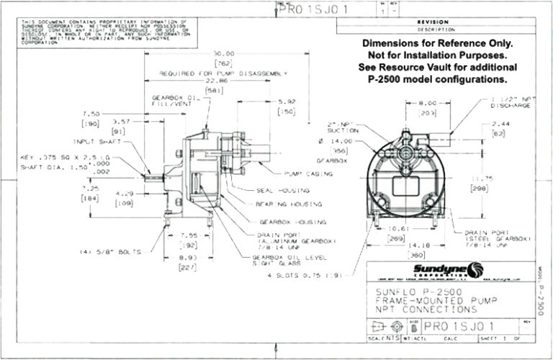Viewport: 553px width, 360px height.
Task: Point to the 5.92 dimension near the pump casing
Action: click(x=287, y=102)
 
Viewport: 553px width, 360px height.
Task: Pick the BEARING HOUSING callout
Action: click(x=288, y=204)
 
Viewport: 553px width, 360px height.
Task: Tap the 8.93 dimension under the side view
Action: click(x=187, y=257)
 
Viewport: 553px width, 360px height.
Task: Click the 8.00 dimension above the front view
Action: click(x=408, y=103)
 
